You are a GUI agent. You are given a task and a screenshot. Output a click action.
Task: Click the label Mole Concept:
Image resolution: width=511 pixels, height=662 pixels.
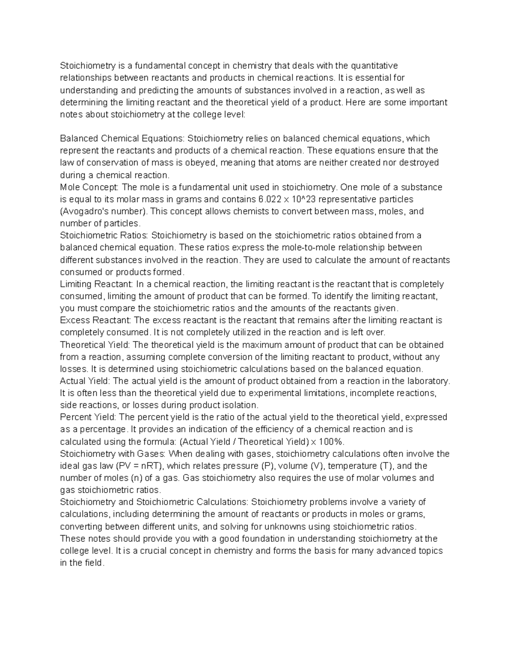coord(90,187)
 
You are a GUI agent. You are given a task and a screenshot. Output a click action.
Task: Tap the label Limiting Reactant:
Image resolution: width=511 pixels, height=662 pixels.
coord(97,284)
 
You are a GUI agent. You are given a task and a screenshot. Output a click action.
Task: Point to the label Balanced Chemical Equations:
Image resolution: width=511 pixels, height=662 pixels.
coord(121,139)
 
